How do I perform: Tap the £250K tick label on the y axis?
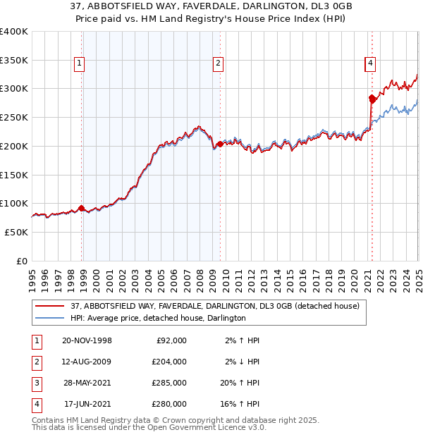[14, 117]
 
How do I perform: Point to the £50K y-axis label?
[17, 232]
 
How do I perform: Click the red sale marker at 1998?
[82, 208]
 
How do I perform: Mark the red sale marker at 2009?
[220, 144]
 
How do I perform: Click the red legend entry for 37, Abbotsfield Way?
[214, 306]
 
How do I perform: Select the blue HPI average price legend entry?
[158, 318]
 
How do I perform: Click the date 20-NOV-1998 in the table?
[87, 340]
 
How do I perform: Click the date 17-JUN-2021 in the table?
[87, 404]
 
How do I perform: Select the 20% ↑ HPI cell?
[237, 383]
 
